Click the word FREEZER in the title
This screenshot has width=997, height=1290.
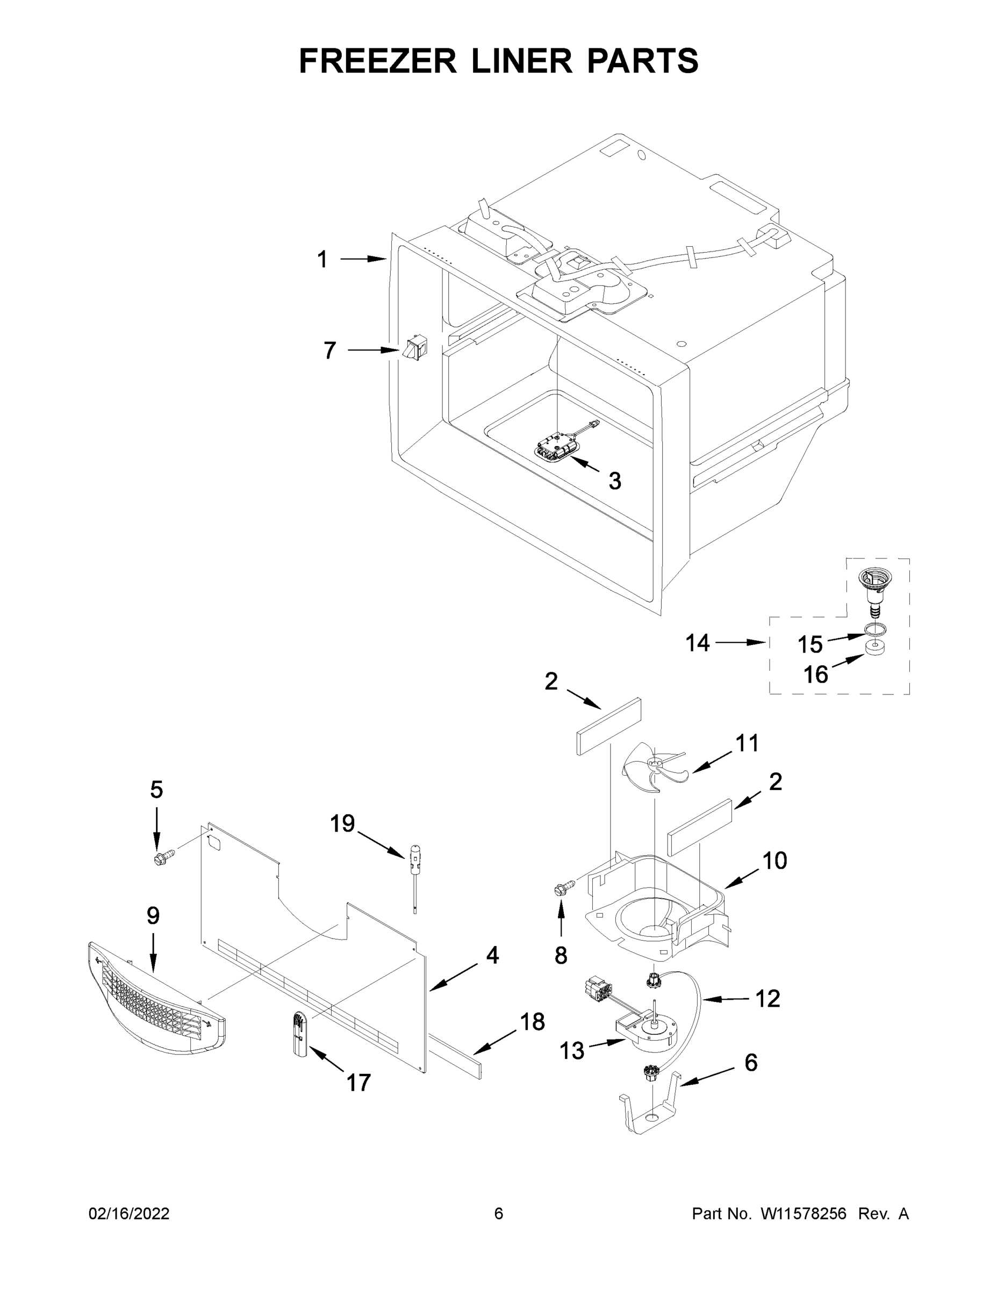pyautogui.click(x=378, y=61)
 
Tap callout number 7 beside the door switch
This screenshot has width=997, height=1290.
pyautogui.click(x=329, y=350)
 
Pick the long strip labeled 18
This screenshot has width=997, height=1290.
pyautogui.click(x=455, y=1055)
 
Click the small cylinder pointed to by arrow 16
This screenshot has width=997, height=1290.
pyautogui.click(x=877, y=647)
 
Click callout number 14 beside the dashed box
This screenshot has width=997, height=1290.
pyautogui.click(x=698, y=643)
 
